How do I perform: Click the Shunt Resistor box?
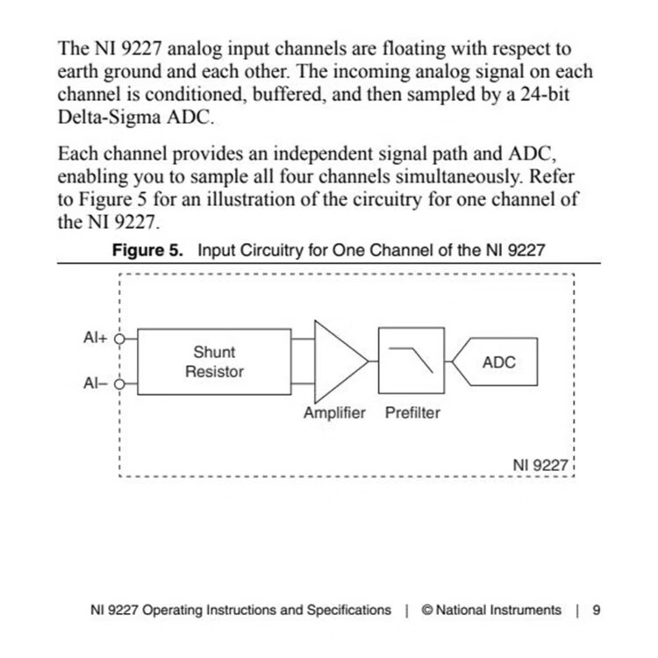pos(214,361)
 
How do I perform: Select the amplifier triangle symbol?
pos(340,361)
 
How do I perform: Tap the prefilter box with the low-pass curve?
pos(411,361)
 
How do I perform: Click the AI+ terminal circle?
pos(119,339)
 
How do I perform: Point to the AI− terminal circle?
pos(119,384)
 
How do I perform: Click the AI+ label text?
pos(96,338)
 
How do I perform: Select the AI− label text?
pos(96,383)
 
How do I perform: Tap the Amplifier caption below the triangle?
pos(334,413)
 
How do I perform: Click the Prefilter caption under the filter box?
pos(412,413)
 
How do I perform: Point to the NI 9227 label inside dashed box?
pos(540,465)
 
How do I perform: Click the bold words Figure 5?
pos(147,251)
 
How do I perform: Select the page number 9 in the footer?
pos(597,610)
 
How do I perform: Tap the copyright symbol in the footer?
pos(427,610)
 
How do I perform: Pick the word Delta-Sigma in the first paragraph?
pos(109,117)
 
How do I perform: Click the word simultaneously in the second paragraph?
pos(459,176)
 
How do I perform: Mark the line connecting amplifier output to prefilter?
pos(374,361)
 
